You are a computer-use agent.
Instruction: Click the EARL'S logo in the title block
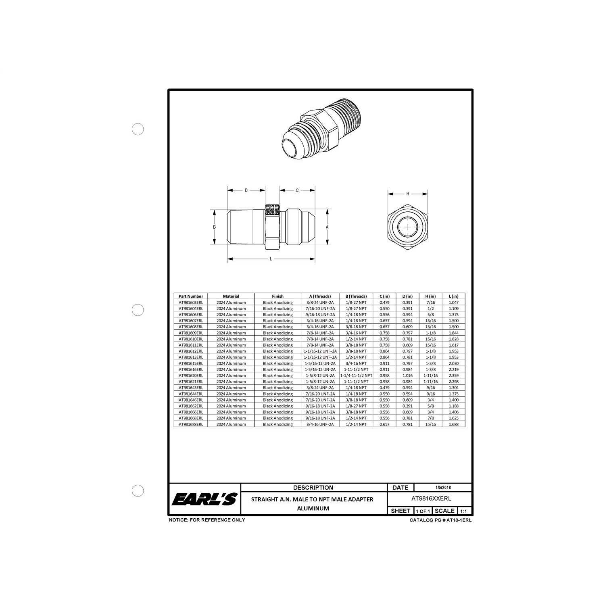(x=204, y=499)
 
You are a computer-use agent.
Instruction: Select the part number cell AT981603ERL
(x=191, y=302)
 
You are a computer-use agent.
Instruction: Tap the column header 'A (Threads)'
(x=320, y=296)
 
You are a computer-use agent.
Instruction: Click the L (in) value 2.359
(x=453, y=376)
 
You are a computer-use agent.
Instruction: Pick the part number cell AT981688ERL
(x=191, y=424)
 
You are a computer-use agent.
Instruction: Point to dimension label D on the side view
(x=246, y=190)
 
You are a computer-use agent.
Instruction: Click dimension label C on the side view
(x=297, y=190)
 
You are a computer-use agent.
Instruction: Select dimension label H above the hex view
(x=408, y=194)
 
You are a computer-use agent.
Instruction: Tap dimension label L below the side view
(x=271, y=259)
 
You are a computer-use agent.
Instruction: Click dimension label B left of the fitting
(x=215, y=227)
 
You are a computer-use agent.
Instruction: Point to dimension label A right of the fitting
(x=327, y=227)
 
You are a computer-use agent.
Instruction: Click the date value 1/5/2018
(x=443, y=487)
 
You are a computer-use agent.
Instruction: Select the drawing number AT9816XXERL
(x=431, y=499)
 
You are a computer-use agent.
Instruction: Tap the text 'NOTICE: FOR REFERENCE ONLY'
(x=207, y=520)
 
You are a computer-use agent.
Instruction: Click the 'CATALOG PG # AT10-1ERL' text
(x=440, y=520)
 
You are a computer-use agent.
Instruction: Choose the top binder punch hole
(x=138, y=129)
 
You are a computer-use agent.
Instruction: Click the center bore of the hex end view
(x=408, y=227)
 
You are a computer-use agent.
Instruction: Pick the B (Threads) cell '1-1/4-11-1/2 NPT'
(x=356, y=376)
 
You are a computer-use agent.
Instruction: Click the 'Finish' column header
(x=277, y=296)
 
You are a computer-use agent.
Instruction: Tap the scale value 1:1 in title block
(x=463, y=511)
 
